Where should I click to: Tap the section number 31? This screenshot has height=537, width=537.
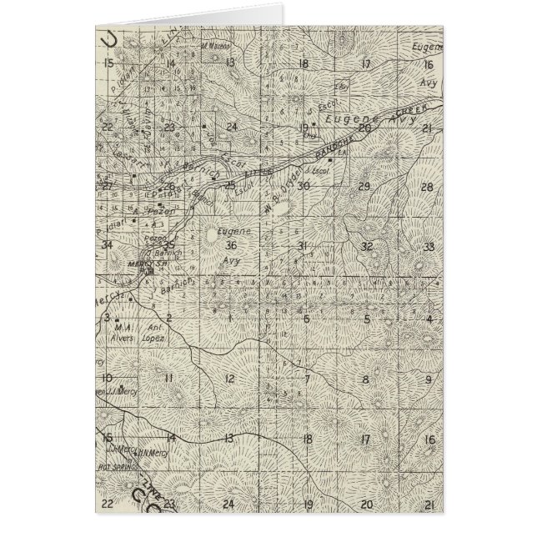click(304, 244)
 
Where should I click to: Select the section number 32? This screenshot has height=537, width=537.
click(367, 246)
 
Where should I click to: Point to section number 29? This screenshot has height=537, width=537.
click(364, 185)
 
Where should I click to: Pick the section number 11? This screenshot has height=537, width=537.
click(168, 379)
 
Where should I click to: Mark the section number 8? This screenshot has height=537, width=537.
click(365, 379)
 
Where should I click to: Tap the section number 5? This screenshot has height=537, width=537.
click(366, 319)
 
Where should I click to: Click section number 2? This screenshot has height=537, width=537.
click(168, 318)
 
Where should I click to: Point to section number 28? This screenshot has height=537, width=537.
click(427, 186)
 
